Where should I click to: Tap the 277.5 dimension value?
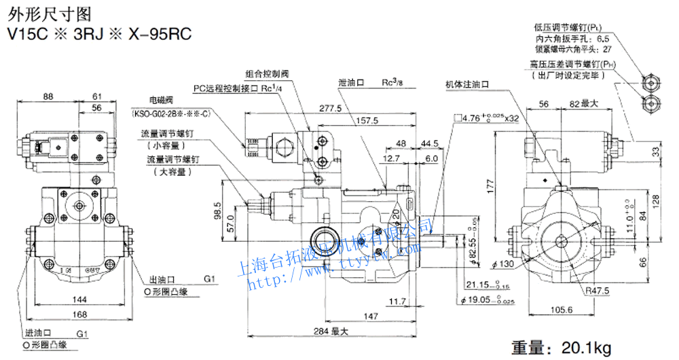point(329,108)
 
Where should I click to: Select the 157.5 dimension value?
point(367,120)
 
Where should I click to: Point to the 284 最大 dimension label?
point(331,331)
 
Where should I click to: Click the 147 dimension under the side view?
point(371,317)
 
